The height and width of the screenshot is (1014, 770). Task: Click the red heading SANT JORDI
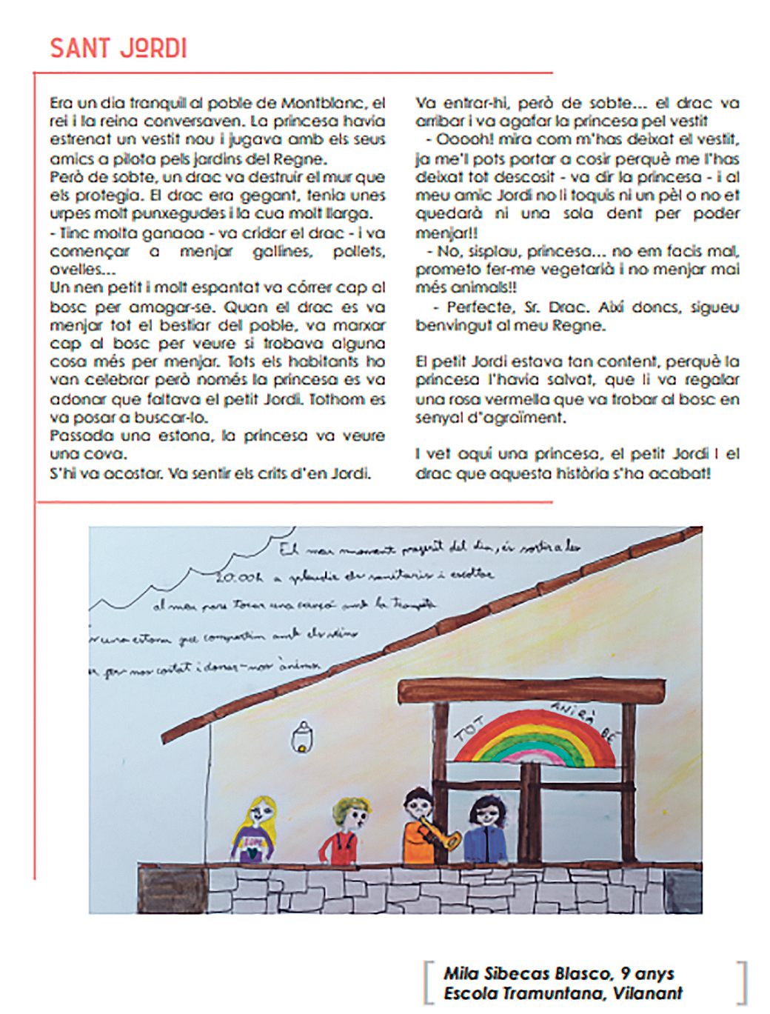click(118, 49)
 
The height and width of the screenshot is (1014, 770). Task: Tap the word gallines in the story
click(282, 252)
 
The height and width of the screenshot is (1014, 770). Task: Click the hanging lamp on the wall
click(301, 736)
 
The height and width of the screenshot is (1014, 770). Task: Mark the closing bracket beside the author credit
click(742, 983)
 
